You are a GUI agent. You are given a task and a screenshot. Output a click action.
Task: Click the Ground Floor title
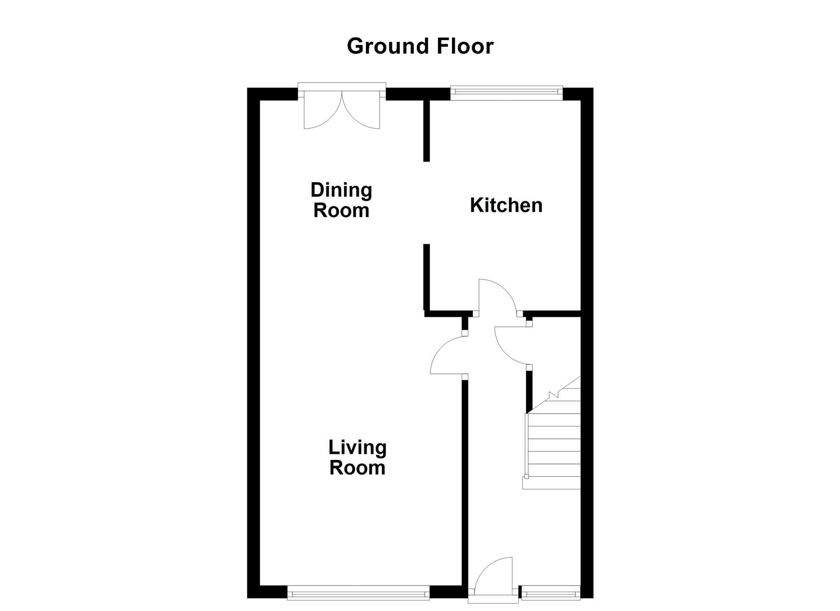click(420, 46)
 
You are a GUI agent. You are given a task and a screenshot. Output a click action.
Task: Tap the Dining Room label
click(341, 200)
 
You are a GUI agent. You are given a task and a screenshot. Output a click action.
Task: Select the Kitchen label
click(506, 205)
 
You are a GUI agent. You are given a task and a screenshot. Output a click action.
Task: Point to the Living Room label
click(357, 457)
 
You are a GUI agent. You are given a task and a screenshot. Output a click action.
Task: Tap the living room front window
click(359, 593)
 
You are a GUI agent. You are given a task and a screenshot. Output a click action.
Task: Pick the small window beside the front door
click(550, 593)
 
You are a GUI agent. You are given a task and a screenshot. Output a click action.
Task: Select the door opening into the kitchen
click(495, 297)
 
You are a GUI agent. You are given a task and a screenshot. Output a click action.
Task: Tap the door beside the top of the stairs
click(512, 346)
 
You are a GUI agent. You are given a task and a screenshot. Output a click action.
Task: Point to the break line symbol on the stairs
click(552, 394)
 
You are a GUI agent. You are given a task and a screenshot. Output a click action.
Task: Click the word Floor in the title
click(466, 46)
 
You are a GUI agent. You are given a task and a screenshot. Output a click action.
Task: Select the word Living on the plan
click(357, 448)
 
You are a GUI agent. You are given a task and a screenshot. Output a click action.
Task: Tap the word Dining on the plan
click(341, 190)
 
